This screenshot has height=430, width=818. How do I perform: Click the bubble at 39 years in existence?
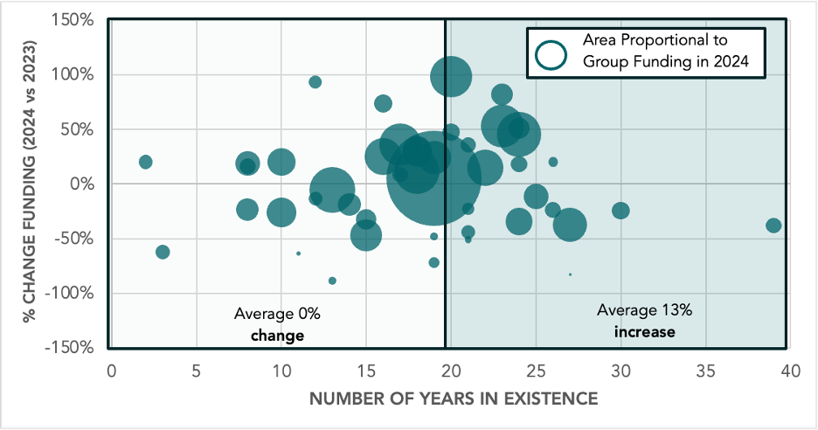(773, 225)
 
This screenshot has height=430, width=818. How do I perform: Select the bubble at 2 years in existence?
(145, 162)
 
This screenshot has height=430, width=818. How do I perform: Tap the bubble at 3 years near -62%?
(163, 252)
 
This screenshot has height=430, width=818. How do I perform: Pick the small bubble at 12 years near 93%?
(315, 82)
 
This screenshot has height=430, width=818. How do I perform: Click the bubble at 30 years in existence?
(620, 211)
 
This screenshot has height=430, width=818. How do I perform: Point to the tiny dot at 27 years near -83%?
(570, 274)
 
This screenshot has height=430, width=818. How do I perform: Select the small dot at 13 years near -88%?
(332, 281)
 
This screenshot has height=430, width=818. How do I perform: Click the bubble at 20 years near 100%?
(451, 76)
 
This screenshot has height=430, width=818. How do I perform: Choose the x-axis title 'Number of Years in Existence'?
(454, 399)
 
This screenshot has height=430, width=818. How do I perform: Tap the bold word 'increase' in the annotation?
(644, 332)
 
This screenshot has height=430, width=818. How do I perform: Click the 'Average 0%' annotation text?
(270, 314)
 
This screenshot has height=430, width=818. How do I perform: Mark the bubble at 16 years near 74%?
(383, 103)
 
